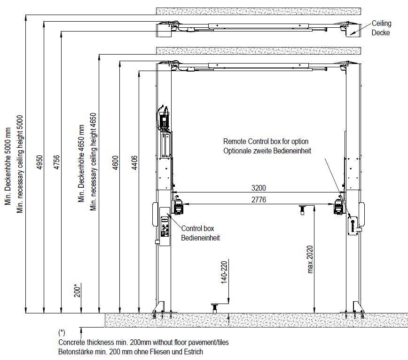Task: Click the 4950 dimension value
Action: [40, 162]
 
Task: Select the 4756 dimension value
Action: [56, 162]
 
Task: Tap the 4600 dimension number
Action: [115, 162]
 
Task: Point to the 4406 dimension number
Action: [134, 162]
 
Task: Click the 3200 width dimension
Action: [259, 188]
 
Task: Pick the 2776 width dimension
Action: [259, 200]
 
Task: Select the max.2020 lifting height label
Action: [310, 259]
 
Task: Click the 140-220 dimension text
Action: [224, 272]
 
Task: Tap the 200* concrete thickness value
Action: [77, 291]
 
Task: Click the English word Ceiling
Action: [382, 24]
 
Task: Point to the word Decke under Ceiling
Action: [381, 33]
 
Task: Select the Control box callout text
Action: [197, 228]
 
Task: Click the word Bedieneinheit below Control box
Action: [200, 238]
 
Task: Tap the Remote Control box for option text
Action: [266, 142]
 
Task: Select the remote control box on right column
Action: [353, 225]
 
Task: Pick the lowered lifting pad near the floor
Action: [215, 308]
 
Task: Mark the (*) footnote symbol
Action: [62, 333]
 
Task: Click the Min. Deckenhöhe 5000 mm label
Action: [8, 166]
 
